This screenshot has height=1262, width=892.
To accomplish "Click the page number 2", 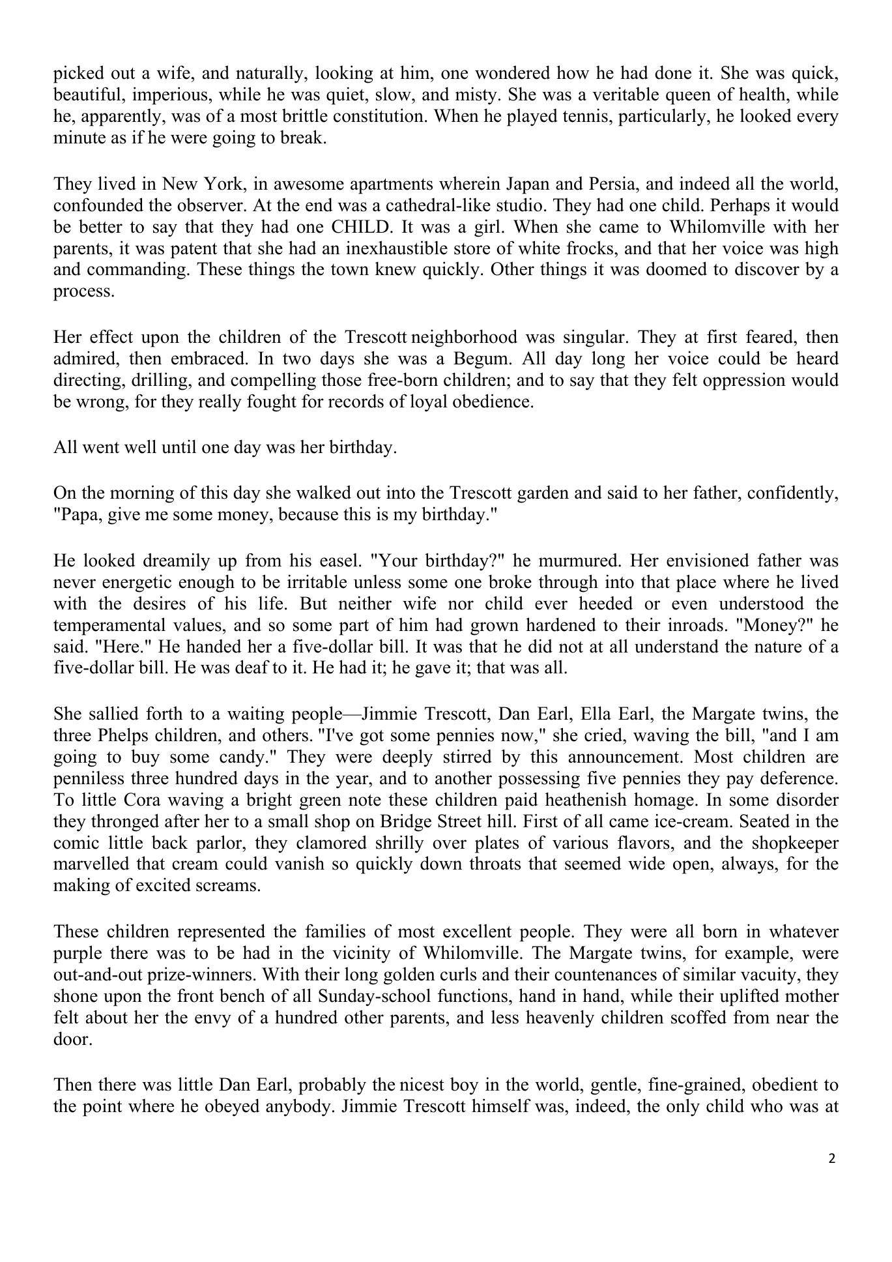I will tap(831, 1158).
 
